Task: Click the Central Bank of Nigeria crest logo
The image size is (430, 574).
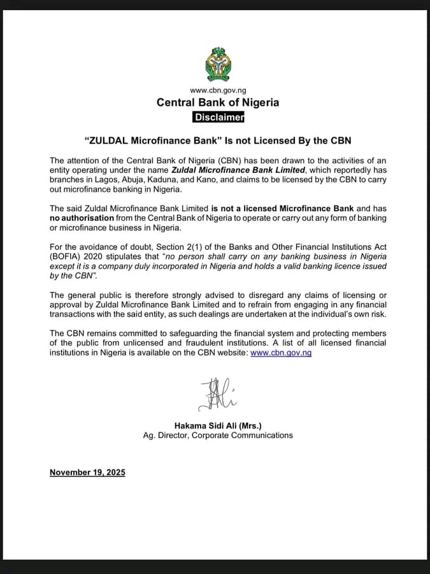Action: [218, 64]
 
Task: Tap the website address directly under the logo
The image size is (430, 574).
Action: [218, 91]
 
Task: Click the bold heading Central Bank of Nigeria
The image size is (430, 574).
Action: [218, 103]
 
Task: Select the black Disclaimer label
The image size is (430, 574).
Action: [218, 117]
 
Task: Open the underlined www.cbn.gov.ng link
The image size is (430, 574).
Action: [281, 353]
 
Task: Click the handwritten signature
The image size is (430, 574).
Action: [217, 393]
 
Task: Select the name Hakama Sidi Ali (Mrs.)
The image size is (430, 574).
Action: [218, 425]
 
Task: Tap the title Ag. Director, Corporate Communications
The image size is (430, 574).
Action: [218, 435]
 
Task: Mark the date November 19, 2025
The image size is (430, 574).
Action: [87, 473]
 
